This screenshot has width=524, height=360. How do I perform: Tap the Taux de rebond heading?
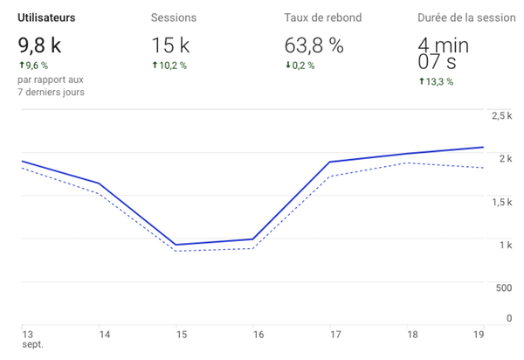(x=322, y=17)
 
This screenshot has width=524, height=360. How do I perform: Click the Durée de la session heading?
(x=465, y=17)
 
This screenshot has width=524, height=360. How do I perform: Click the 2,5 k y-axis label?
(x=501, y=116)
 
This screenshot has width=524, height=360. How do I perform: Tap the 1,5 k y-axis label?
(x=501, y=202)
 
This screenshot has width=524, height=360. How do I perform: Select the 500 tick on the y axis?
(x=504, y=287)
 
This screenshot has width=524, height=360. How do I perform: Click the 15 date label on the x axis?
(x=177, y=334)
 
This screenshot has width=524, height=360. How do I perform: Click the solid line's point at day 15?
(x=176, y=245)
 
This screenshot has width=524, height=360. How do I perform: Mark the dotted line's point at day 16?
(x=253, y=249)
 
